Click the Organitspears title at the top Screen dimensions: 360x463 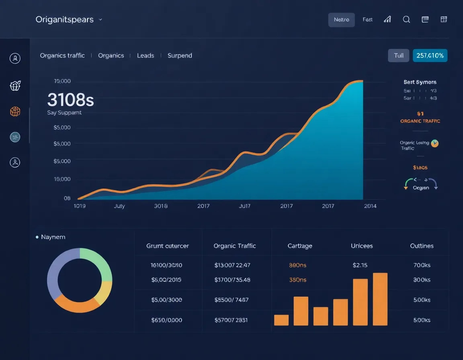tap(64, 19)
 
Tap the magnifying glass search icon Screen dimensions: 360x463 tap(406, 19)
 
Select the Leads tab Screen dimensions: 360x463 tap(145, 55)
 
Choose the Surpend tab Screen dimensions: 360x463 tap(180, 55)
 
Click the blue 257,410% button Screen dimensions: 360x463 tap(430, 55)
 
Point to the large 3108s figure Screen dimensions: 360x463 tap(70, 100)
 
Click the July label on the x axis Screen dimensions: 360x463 tap(119, 206)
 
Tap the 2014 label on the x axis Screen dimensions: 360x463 tap(370, 206)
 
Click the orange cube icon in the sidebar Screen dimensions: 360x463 tap(15, 111)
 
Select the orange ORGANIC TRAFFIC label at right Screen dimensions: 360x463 tap(420, 121)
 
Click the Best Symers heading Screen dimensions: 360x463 tap(420, 82)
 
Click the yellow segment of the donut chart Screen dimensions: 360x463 tap(104, 292)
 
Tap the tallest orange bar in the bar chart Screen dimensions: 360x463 tap(380, 299)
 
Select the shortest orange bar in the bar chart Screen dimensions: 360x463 tap(281, 320)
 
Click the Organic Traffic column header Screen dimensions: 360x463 tap(235, 246)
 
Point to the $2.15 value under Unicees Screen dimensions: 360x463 tap(360, 265)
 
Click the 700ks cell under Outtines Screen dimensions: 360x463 tap(422, 265)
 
